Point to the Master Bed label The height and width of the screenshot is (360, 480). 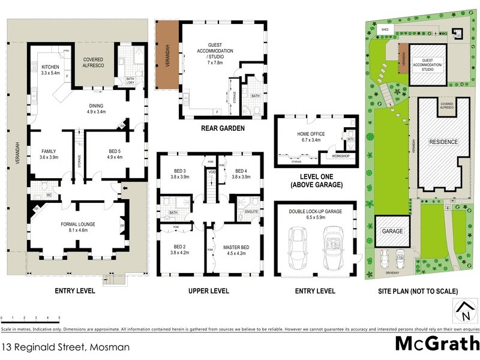[x=236, y=250]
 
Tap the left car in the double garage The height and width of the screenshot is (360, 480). [x=297, y=247]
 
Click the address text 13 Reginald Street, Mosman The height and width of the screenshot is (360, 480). [x=65, y=347]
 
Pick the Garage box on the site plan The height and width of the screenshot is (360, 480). [x=389, y=230]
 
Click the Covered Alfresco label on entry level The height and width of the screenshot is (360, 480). [x=95, y=62]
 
